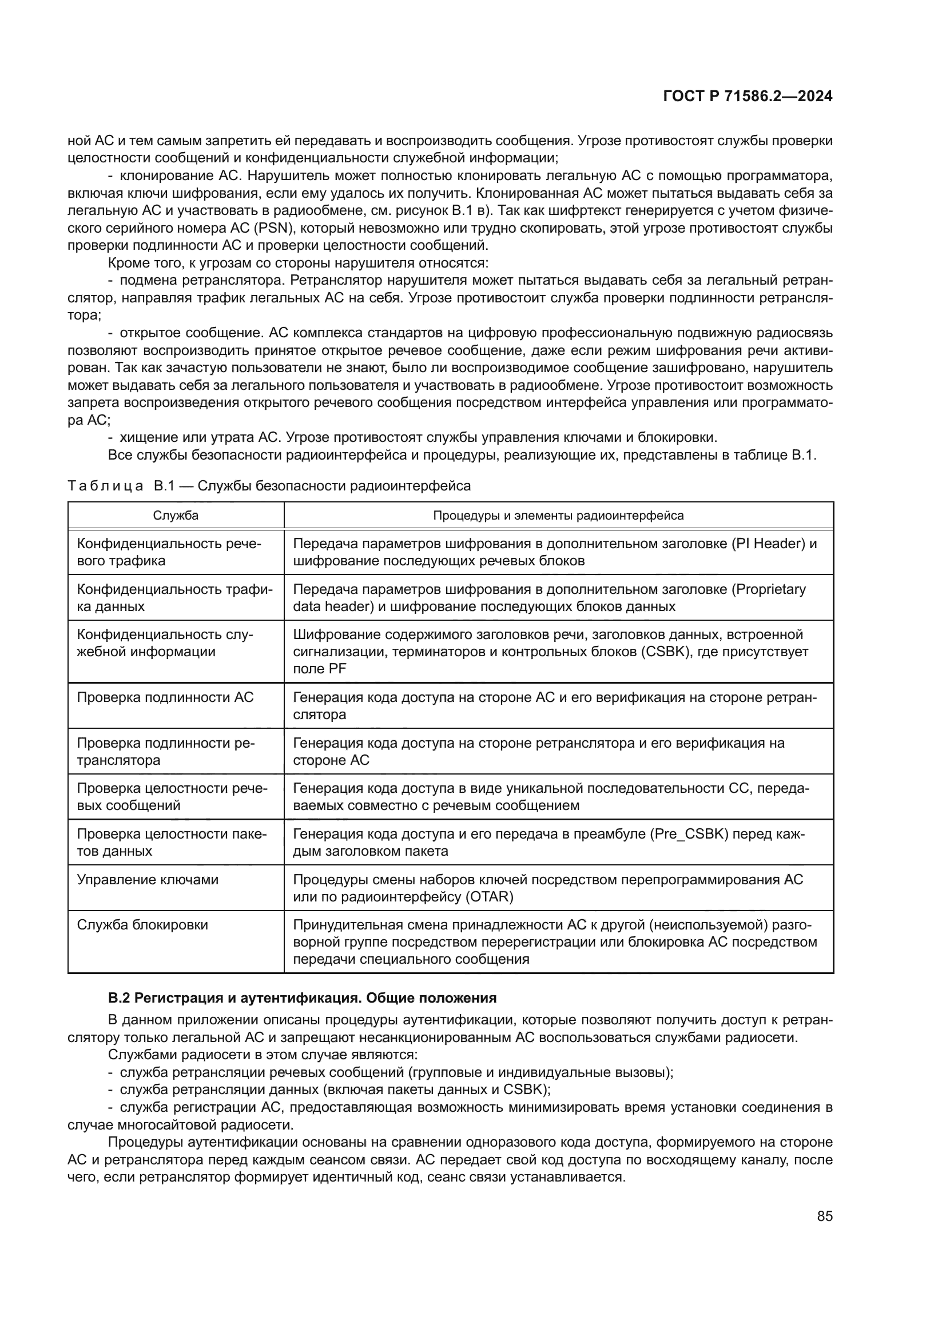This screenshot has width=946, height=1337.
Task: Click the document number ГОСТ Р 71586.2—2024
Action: tap(748, 97)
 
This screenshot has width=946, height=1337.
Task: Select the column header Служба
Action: tap(176, 516)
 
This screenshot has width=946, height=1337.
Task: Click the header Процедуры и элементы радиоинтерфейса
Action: tap(558, 516)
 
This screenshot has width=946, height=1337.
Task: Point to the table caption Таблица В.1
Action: tap(269, 486)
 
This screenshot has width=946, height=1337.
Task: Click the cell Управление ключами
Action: tap(148, 879)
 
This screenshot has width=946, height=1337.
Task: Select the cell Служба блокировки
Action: tap(142, 925)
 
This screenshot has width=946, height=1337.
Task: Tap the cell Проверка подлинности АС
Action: tap(165, 697)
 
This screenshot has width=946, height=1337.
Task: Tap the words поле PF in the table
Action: tap(319, 669)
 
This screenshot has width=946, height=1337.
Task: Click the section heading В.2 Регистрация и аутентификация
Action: tap(303, 998)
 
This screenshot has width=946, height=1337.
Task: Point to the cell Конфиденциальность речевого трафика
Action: tap(169, 552)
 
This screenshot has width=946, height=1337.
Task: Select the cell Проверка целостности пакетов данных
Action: tap(171, 843)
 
